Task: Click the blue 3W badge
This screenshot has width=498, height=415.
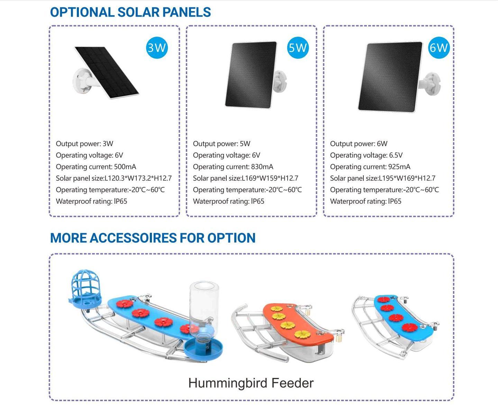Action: coord(157,47)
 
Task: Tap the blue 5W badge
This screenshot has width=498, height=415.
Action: coord(297,47)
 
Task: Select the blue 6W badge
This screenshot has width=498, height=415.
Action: coord(438,47)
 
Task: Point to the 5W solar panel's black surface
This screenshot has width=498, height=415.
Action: coord(251,74)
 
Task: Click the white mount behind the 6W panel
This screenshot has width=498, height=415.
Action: coord(431,83)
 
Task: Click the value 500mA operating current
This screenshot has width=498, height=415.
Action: coord(125,167)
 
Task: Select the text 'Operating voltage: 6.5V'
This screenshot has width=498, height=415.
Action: coord(366,155)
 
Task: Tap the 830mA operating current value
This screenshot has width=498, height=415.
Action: coord(262,167)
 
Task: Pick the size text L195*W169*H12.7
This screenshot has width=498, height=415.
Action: coord(407,178)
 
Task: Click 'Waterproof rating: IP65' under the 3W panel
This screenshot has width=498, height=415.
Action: coord(91,201)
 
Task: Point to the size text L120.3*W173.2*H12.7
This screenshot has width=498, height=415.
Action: coord(138,178)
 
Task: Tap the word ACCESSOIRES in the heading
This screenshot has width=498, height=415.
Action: coord(133,238)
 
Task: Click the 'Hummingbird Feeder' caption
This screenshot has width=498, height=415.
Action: coord(251,383)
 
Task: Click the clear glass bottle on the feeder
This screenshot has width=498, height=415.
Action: coord(204,305)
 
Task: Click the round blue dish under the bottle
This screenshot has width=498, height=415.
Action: coord(203,348)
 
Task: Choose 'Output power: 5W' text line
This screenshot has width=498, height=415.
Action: coord(221,144)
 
